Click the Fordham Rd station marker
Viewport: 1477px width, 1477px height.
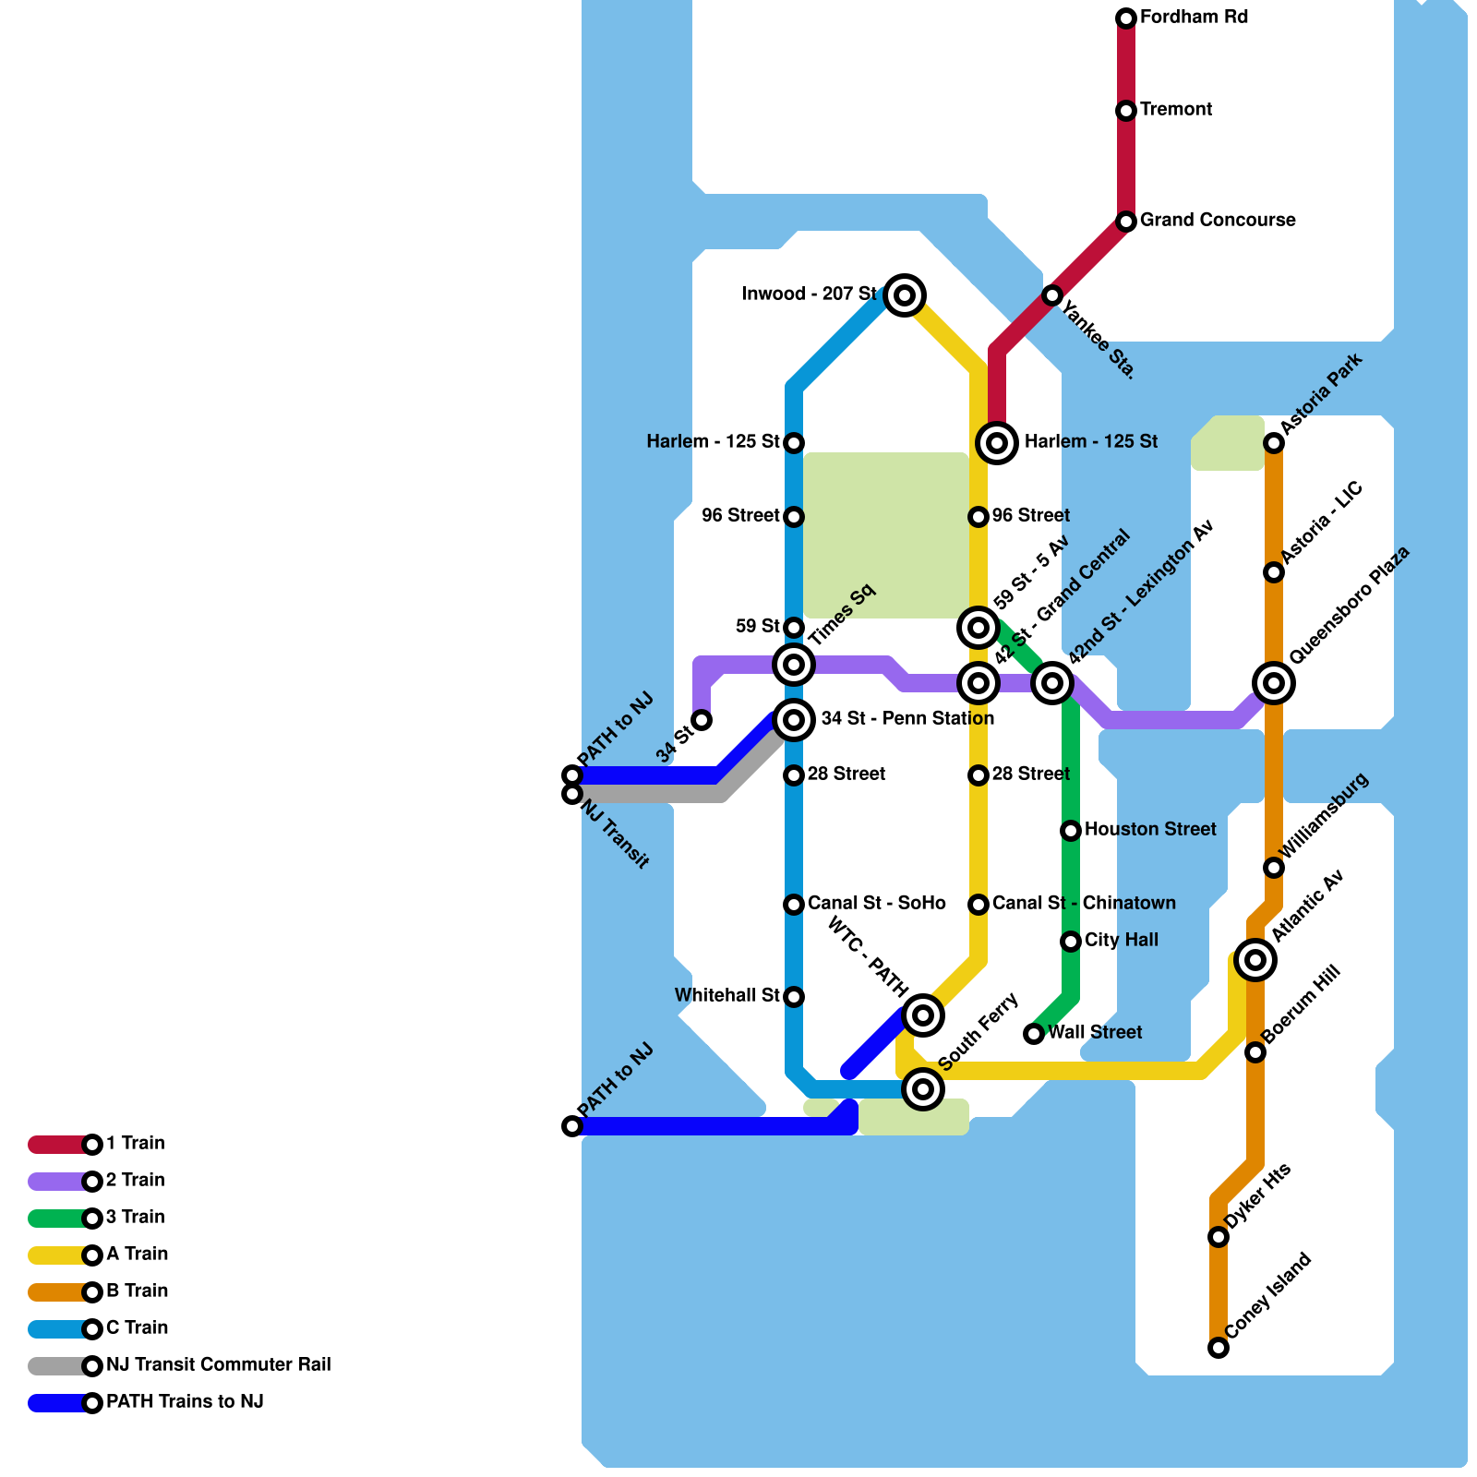pyautogui.click(x=1126, y=18)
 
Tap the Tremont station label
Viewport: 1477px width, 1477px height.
pyautogui.click(x=1175, y=110)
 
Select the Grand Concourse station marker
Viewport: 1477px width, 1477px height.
pyautogui.click(x=1126, y=222)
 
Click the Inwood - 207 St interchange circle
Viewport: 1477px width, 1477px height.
pyautogui.click(x=905, y=295)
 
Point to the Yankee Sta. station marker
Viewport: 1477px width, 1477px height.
pyautogui.click(x=1052, y=295)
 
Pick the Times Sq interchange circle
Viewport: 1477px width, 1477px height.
pyautogui.click(x=794, y=664)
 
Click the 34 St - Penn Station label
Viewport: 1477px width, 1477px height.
pyautogui.click(x=907, y=718)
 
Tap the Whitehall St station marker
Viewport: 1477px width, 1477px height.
pyautogui.click(x=794, y=997)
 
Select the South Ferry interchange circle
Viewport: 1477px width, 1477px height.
pyautogui.click(x=923, y=1089)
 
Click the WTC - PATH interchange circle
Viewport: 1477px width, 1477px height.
pyautogui.click(x=923, y=1015)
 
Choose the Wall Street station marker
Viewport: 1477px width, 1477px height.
pyautogui.click(x=1034, y=1034)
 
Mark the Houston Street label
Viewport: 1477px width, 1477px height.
pyautogui.click(x=1150, y=830)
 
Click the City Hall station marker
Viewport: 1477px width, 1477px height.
pyautogui.click(x=1071, y=942)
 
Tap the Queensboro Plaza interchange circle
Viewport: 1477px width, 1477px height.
pyautogui.click(x=1274, y=683)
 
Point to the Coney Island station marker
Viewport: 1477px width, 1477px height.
pyautogui.click(x=1219, y=1348)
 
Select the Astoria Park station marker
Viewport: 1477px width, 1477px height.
pyautogui.click(x=1274, y=443)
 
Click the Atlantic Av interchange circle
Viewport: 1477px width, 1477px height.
pyautogui.click(x=1255, y=960)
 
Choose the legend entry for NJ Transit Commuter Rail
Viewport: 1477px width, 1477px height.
pyautogui.click(x=218, y=1365)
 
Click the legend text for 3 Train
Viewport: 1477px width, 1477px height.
pyautogui.click(x=135, y=1218)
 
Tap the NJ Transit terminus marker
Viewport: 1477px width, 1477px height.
pyautogui.click(x=572, y=794)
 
